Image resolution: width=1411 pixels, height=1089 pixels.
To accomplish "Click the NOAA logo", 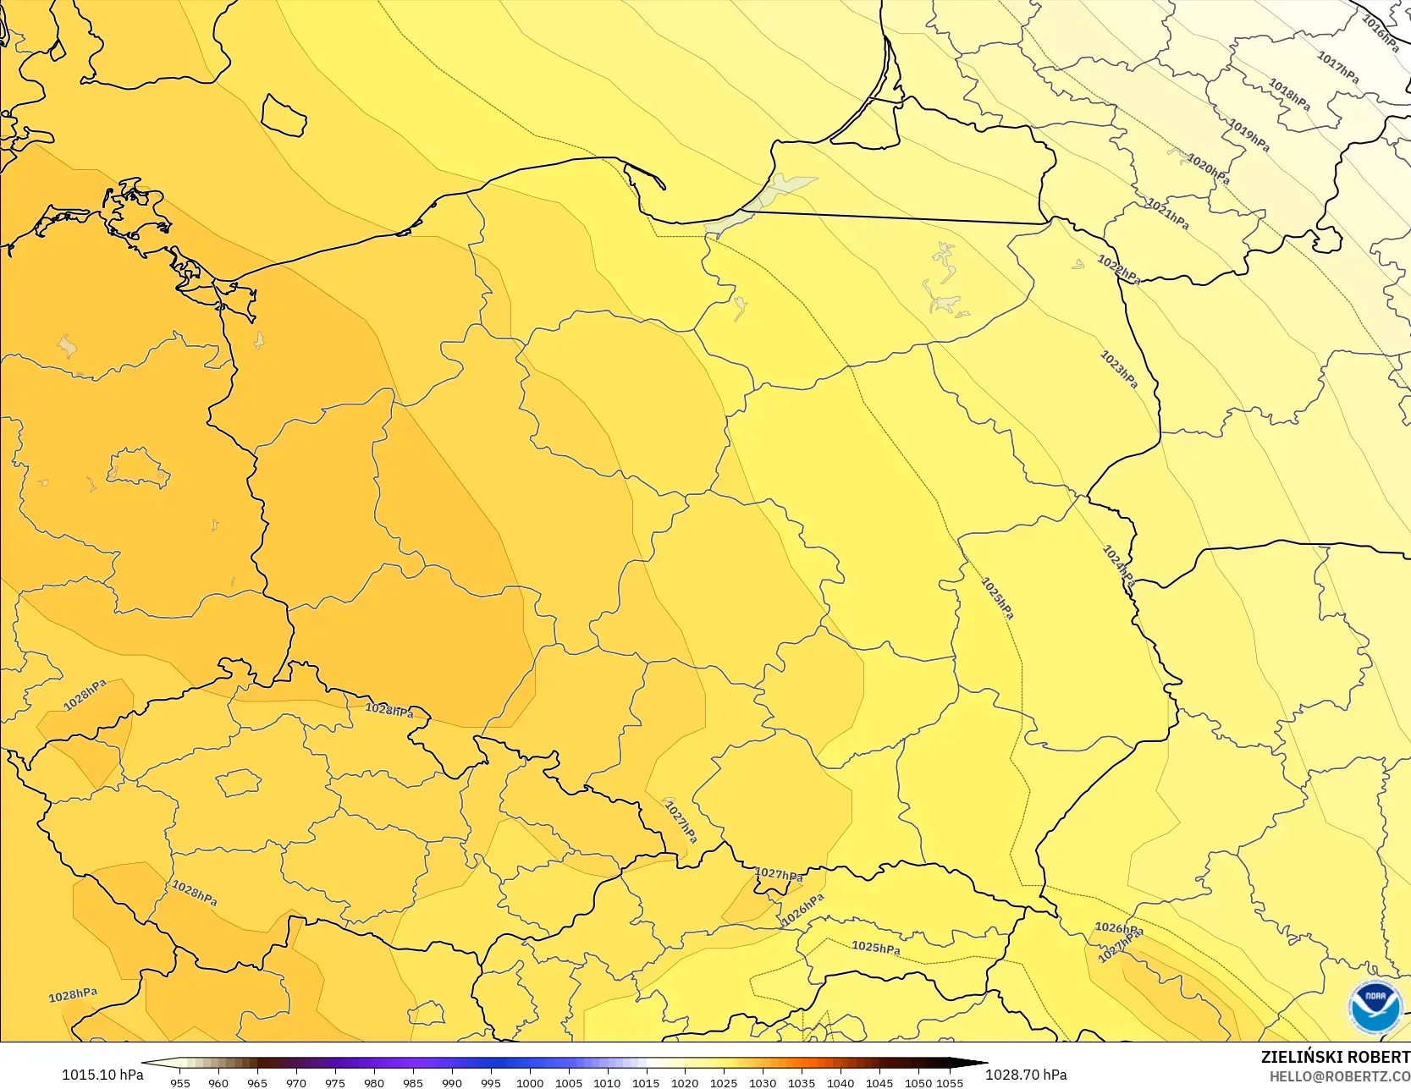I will pos(1375,1007).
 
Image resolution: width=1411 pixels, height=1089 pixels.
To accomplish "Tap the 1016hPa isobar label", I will pos(1380,35).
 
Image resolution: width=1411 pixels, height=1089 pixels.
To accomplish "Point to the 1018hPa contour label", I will pos(1289,94).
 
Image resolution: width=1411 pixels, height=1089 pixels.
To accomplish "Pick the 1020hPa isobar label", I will pos(1208,169).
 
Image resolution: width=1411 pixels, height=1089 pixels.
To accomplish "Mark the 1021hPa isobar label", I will pos(1168,213).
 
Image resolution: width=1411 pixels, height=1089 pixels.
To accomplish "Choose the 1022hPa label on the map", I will pos(1119,269).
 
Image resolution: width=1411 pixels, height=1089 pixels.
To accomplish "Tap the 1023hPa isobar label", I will pos(1119,370).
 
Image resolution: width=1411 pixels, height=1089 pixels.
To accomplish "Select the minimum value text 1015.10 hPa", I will pos(102,1075).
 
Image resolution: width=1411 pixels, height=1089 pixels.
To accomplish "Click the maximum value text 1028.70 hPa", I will pos(1026,1075).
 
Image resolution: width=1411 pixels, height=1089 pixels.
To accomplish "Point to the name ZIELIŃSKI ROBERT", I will pos(1335,1057).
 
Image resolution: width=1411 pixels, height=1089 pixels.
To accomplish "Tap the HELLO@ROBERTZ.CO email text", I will pos(1339,1075).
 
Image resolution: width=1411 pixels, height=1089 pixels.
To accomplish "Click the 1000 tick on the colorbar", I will pos(530,1082).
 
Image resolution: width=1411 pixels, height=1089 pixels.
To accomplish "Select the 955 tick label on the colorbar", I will pos(180,1082).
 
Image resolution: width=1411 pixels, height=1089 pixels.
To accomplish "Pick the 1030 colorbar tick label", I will pos(763,1082).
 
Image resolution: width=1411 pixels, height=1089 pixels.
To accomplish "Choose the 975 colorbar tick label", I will pos(335,1082).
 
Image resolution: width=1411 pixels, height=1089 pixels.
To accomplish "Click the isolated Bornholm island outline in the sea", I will pos(284,115).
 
